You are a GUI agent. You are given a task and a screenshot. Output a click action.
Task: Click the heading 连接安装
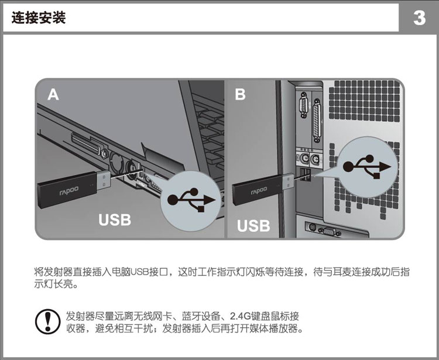coord(39,18)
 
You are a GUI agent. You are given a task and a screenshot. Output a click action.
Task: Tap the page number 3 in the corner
coord(419,18)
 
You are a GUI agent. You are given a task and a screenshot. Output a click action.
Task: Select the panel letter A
coord(53,94)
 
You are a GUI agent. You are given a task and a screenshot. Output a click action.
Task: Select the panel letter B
coord(240,94)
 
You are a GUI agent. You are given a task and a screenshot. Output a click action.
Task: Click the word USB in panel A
coord(115,220)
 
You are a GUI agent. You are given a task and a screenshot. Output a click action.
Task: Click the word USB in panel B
coord(253,225)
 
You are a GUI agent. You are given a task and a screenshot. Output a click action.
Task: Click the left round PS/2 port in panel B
coord(304,159)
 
